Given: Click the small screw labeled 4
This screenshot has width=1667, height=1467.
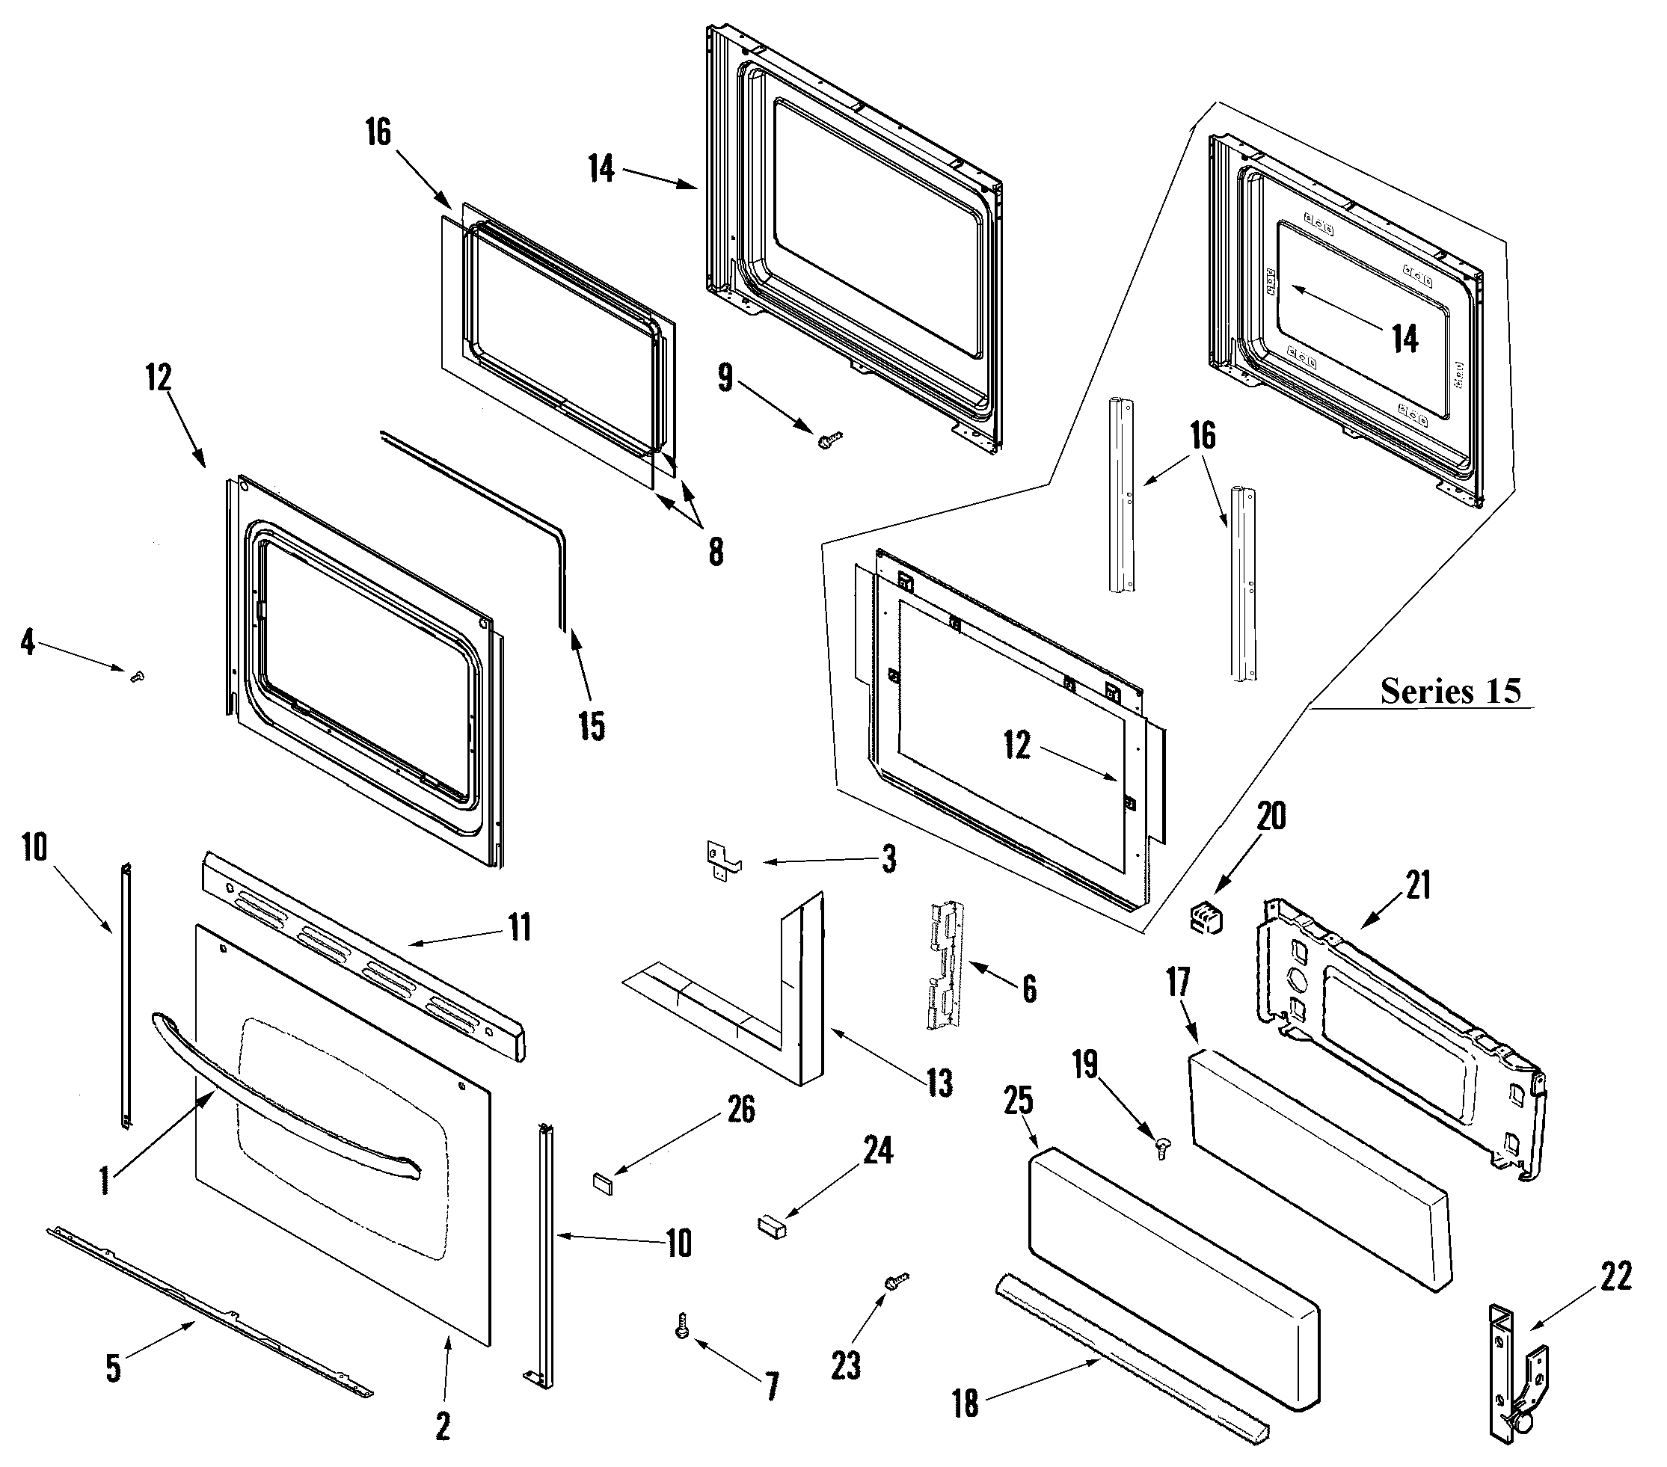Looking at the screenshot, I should click(137, 675).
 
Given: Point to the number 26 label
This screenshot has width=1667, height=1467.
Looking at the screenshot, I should click(740, 1109).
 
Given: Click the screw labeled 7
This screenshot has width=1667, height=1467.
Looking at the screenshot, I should click(682, 1325).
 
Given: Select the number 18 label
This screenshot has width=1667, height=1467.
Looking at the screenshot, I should click(965, 1403).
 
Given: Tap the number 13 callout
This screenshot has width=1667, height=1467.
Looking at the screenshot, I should click(939, 1083).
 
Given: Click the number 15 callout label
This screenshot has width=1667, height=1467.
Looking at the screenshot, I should click(592, 725).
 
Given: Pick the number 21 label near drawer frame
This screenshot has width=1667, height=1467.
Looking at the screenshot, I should click(1418, 885).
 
